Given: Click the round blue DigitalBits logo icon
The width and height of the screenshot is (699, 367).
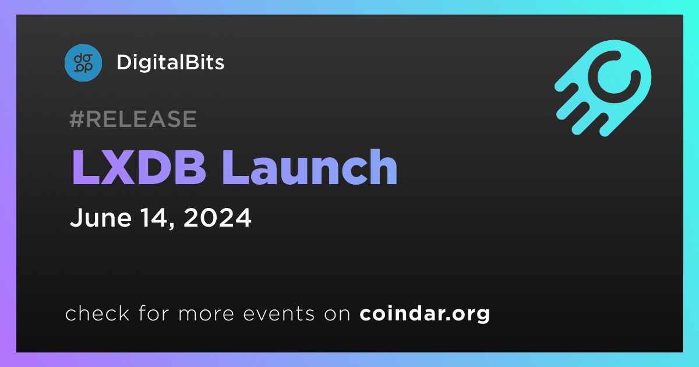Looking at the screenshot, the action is pos(83,63).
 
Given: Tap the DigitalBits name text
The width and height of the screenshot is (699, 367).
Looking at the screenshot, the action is pos(170,62).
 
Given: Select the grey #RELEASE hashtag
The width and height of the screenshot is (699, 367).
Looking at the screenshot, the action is pos(133,119).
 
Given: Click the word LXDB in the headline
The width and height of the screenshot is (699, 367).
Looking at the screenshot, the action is pos(139,167).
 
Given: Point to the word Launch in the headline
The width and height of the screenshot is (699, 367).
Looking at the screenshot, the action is pos(309,167).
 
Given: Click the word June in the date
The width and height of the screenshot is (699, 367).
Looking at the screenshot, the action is pos(101,217).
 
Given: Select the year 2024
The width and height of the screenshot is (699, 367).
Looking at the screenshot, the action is pos(217,217).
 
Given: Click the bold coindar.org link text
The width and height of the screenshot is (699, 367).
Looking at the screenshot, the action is pos(425,314).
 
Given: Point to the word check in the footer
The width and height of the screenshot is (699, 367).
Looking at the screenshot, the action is pos(97,313).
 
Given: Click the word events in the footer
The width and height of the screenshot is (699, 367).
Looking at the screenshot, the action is pos(278,313).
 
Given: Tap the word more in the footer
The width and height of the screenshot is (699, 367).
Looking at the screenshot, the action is pos(206,314).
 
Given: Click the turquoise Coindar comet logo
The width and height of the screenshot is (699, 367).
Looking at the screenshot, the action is pos(603,88).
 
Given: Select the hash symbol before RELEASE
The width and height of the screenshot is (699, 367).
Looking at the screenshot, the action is pos(77,119).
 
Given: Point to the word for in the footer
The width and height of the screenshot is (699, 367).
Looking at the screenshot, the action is pos(154,313).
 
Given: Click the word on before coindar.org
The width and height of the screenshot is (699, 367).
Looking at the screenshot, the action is pos(337,314).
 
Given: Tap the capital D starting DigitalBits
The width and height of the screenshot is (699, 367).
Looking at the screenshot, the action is pos(124,62).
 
